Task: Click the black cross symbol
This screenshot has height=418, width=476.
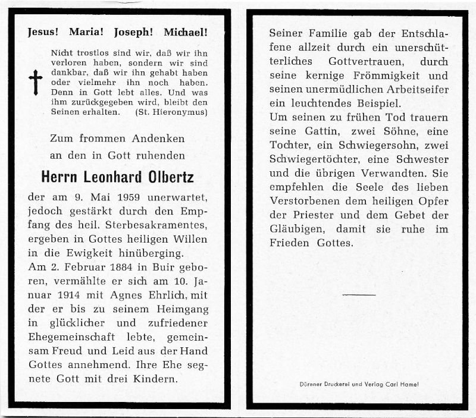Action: click(x=36, y=81)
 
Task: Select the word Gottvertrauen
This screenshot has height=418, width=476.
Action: click(x=361, y=62)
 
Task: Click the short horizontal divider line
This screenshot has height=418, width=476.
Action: click(x=359, y=294)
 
